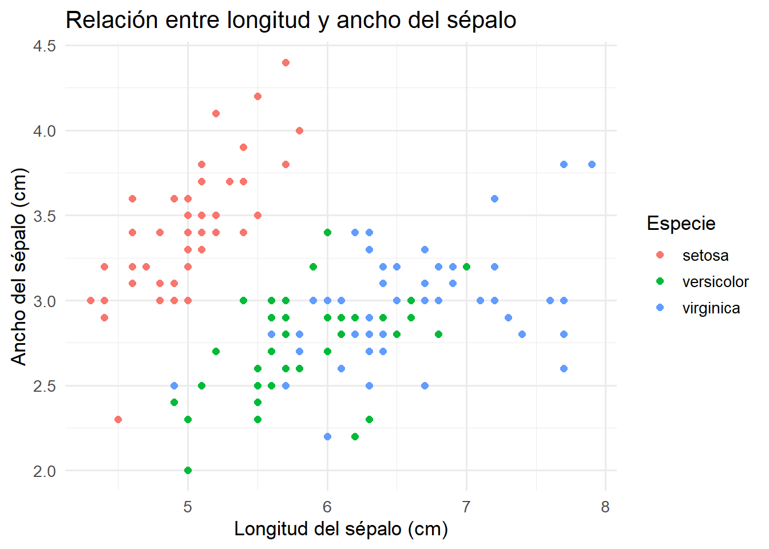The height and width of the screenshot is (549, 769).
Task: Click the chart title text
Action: pyautogui.click(x=291, y=20)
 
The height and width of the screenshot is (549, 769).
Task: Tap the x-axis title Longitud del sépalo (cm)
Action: pyautogui.click(x=341, y=529)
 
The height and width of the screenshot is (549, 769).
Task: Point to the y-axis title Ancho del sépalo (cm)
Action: pyautogui.click(x=19, y=266)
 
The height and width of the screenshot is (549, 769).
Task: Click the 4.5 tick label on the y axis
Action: pyautogui.click(x=45, y=46)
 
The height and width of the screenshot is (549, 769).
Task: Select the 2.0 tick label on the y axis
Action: pyautogui.click(x=45, y=471)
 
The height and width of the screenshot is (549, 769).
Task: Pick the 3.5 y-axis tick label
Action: pyautogui.click(x=45, y=216)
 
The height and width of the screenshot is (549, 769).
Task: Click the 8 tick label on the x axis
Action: pyautogui.click(x=605, y=507)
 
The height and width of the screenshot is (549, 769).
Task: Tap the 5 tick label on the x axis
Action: pyautogui.click(x=188, y=507)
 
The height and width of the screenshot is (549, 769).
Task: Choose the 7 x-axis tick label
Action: pyautogui.click(x=466, y=507)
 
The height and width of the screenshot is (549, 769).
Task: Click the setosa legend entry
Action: pyautogui.click(x=705, y=256)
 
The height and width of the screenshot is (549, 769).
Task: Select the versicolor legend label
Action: pyautogui.click(x=715, y=282)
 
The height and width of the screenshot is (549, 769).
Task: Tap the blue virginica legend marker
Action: pyautogui.click(x=660, y=308)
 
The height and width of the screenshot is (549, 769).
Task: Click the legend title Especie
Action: pyautogui.click(x=681, y=224)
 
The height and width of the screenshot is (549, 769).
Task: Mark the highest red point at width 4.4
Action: pyautogui.click(x=286, y=63)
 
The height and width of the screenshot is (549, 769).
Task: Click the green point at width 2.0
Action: pyautogui.click(x=188, y=471)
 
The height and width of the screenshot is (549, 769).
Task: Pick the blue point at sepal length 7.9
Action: pyautogui.click(x=592, y=165)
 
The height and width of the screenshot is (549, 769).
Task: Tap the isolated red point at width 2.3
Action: pyautogui.click(x=118, y=420)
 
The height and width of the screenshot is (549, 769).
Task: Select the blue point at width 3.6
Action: pyautogui.click(x=494, y=199)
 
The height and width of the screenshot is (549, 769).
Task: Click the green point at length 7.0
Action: pyautogui.click(x=466, y=266)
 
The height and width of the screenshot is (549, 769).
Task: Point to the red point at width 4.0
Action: pyautogui.click(x=299, y=131)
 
